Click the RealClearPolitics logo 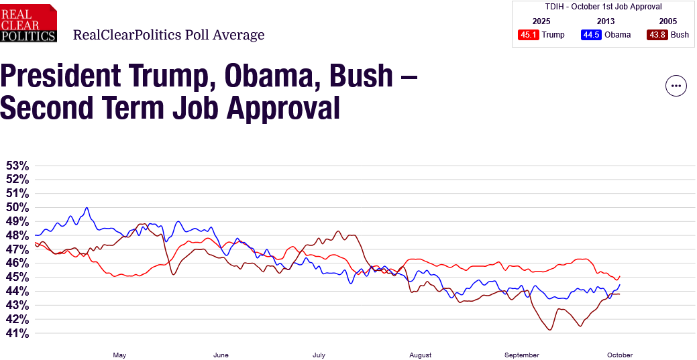coord(28,23)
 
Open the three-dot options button coord(676,86)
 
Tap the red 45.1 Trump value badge coord(529,35)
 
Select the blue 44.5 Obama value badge coord(591,35)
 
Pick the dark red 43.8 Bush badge coord(657,35)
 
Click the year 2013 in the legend coord(605,21)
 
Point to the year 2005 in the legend coord(668,21)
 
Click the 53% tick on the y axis coord(17,166)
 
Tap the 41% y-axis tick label coord(17,333)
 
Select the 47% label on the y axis coord(17,249)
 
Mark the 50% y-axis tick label coord(17,207)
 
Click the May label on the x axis coord(119,355)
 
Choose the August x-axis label coord(420,355)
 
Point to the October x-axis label coord(621,355)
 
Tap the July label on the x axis coord(319,355)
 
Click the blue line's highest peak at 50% coord(87,208)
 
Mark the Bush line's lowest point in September coord(550,330)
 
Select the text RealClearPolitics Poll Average coord(168,35)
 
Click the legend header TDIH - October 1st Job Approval coord(604,7)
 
